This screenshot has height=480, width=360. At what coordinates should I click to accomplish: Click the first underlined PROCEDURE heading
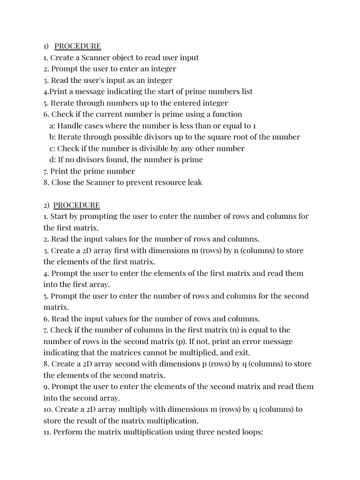click(77, 46)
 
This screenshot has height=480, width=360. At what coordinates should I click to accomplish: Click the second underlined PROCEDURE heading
click(76, 205)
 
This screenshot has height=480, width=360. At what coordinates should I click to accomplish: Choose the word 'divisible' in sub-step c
click(142, 148)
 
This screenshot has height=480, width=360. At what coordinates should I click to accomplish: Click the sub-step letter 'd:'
click(52, 159)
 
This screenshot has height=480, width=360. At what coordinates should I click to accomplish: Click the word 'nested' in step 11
click(222, 432)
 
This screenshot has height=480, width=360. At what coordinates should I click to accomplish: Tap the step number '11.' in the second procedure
click(47, 432)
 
